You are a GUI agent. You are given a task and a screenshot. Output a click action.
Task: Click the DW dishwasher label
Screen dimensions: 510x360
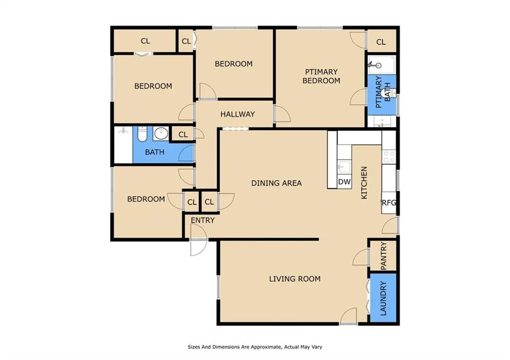point(344,182)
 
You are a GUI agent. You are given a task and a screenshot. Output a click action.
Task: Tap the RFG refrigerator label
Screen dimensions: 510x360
point(388,203)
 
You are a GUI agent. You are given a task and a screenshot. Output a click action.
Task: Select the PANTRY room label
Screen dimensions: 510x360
point(383,255)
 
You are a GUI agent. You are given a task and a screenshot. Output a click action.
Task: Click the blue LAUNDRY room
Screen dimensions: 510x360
point(383,298)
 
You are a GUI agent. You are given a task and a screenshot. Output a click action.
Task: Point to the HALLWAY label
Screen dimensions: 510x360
point(238,114)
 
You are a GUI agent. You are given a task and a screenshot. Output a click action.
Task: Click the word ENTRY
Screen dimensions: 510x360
point(203,220)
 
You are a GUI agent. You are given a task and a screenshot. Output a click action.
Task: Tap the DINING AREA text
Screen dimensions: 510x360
point(276,183)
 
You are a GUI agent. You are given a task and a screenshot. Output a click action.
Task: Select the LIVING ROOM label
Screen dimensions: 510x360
point(295,279)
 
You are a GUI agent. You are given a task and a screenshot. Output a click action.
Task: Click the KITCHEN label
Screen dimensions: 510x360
point(364,183)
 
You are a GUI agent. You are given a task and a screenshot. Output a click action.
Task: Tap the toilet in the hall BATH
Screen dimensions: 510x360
point(142,133)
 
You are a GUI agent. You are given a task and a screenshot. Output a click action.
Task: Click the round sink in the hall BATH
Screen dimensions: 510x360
point(161,133)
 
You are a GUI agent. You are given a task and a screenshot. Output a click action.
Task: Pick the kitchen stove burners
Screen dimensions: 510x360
point(389,156)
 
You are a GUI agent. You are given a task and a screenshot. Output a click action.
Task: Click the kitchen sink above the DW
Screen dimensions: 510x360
point(344,167)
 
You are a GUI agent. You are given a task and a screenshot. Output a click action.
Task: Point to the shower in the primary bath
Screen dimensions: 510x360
point(381,65)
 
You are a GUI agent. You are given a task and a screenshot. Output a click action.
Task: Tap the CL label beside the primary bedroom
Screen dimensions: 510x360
point(381,42)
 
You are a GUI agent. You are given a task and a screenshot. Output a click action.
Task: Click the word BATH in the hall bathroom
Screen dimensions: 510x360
point(154,152)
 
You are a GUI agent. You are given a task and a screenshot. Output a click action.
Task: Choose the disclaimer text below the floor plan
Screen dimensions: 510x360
point(255,347)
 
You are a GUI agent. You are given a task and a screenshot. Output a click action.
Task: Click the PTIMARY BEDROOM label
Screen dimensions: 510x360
point(321,76)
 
